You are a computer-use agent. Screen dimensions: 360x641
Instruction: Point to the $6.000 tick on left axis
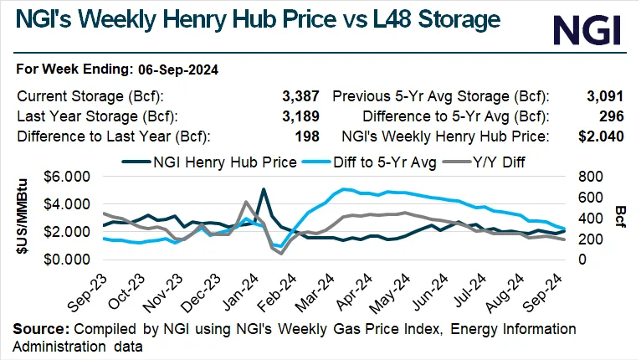tap(68, 177)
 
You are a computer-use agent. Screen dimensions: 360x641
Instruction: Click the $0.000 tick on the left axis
tap(68, 260)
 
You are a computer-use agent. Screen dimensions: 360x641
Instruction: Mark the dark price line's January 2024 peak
tap(264, 189)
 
